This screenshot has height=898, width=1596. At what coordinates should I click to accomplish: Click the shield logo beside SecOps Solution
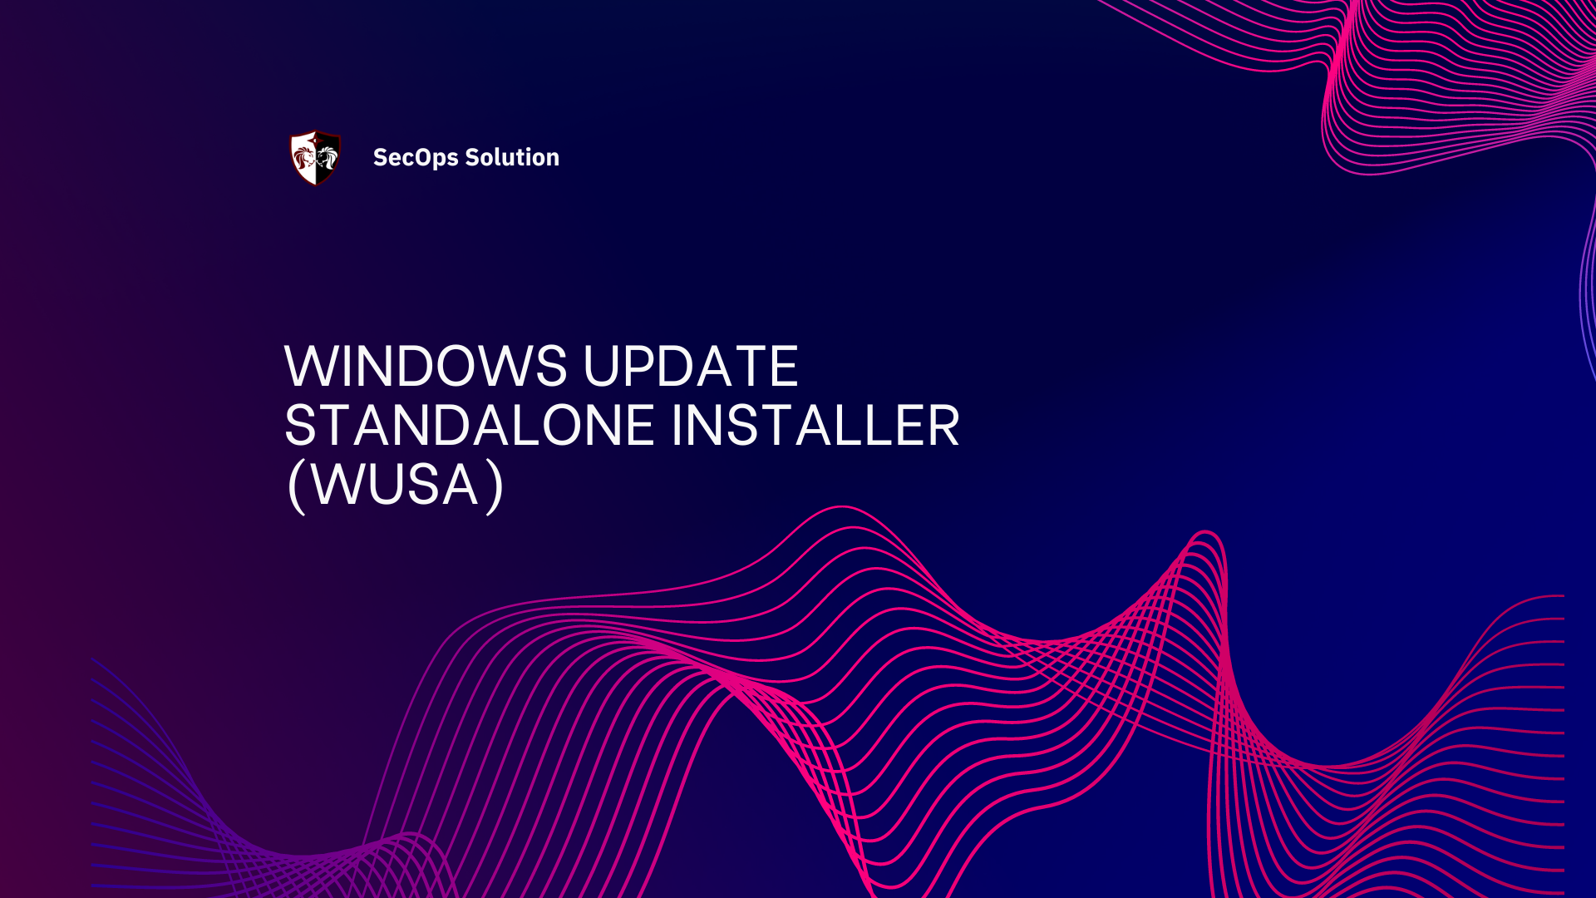point(315,157)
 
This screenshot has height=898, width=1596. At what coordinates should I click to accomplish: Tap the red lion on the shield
point(304,157)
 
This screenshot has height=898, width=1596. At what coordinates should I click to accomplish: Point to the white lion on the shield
point(327,157)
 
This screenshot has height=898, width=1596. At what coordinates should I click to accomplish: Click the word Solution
point(512,157)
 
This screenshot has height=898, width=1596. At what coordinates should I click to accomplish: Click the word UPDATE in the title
point(691,366)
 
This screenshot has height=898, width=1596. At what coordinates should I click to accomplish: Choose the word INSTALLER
point(815,426)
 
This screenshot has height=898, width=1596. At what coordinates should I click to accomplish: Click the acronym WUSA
point(396,485)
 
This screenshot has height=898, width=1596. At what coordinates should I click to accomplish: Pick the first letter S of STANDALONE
point(301,426)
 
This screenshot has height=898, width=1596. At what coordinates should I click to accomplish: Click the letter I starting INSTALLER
point(676,426)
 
